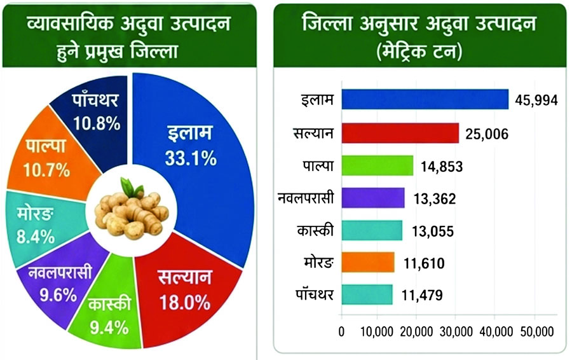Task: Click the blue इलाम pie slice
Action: [204, 153]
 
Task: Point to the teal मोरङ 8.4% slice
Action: [40, 226]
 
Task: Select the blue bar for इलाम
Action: [425, 99]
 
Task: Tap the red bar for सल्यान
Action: [400, 133]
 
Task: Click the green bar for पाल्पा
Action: [377, 165]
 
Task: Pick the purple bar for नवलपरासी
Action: [373, 198]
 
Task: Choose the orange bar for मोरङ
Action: [368, 262]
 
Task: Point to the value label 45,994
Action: [536, 100]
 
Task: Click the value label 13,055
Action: [433, 232]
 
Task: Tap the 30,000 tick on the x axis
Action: [456, 331]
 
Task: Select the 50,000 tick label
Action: [536, 331]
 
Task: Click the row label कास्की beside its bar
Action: [315, 230]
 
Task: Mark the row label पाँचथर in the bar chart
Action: [315, 294]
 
